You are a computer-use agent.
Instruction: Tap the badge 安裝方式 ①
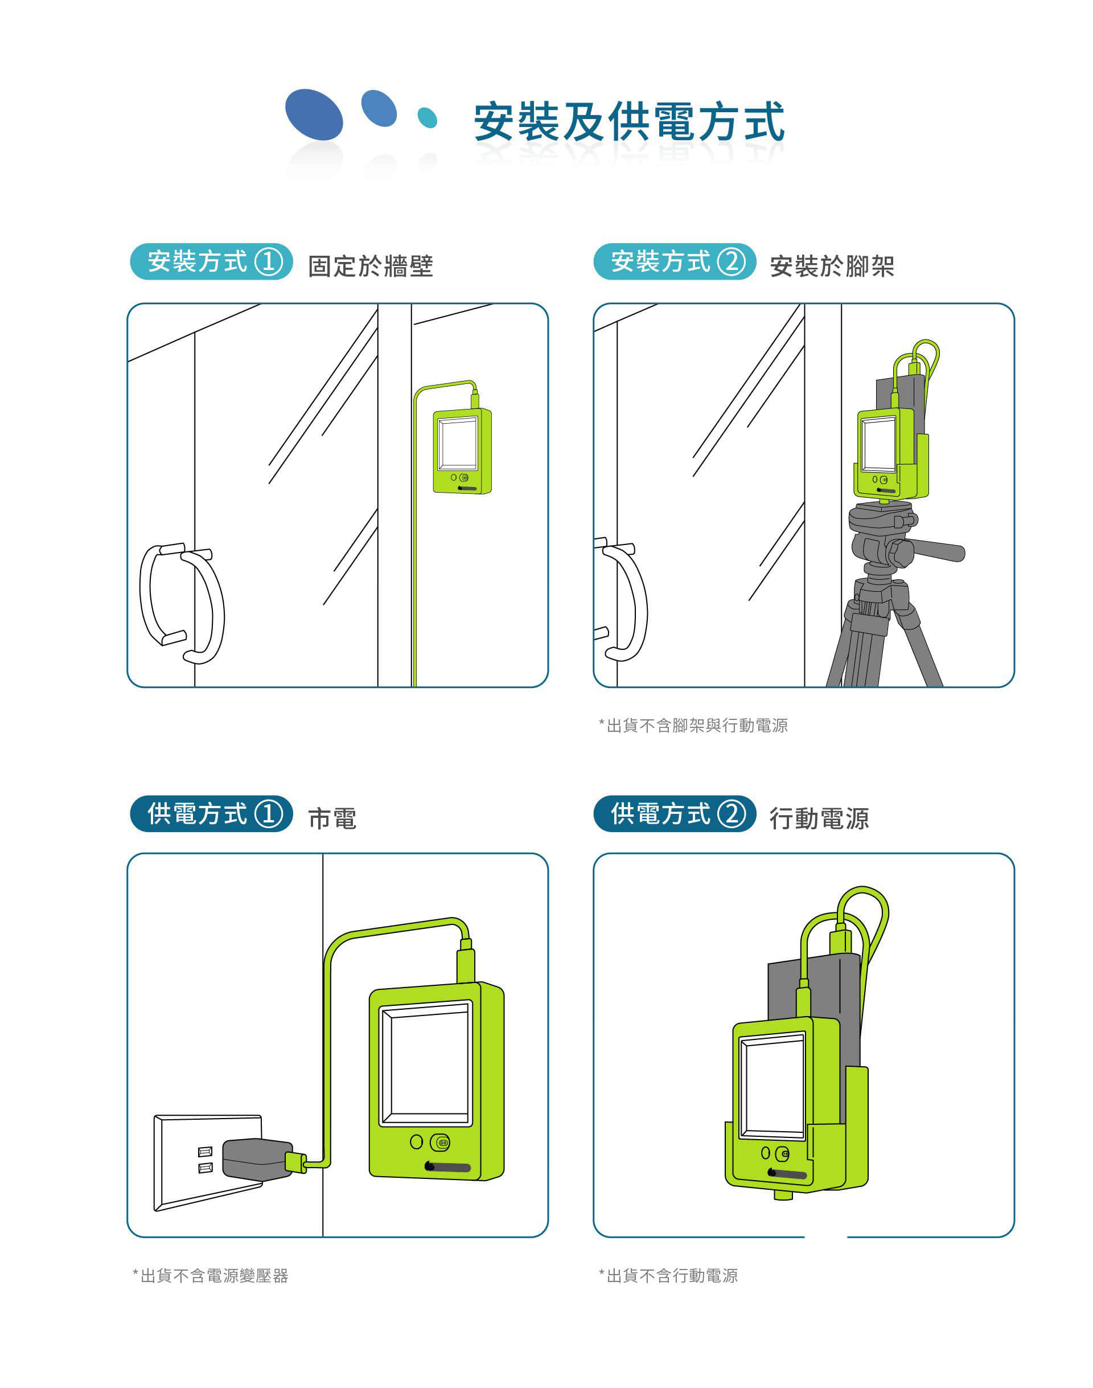click(211, 261)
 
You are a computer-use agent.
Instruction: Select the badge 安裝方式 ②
click(675, 261)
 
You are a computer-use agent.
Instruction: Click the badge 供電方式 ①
click(211, 814)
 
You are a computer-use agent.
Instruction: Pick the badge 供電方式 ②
click(675, 814)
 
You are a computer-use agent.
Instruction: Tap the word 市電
click(332, 819)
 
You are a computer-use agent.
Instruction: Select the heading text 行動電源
click(819, 819)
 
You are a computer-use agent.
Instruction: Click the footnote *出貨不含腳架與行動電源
click(693, 726)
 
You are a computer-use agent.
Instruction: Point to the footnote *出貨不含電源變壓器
click(211, 1276)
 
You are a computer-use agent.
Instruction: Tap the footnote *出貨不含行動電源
click(668, 1276)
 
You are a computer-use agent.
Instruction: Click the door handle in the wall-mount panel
click(182, 603)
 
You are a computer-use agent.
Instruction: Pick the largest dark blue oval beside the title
click(314, 114)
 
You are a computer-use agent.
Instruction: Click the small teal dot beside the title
click(427, 118)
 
